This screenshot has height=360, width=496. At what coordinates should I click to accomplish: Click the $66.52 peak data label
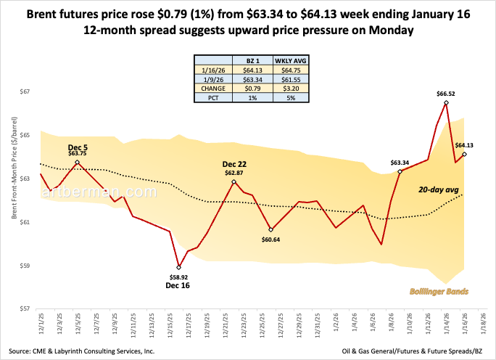pyautogui.click(x=446, y=94)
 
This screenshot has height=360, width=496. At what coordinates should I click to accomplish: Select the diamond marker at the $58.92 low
pyautogui.click(x=178, y=267)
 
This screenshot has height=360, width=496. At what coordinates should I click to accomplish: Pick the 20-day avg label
pyautogui.click(x=435, y=189)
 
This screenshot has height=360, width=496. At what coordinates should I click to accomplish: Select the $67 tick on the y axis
pyautogui.click(x=26, y=92)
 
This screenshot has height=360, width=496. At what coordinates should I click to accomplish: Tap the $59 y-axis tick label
pyautogui.click(x=26, y=266)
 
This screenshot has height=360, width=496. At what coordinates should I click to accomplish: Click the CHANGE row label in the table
pyautogui.click(x=214, y=88)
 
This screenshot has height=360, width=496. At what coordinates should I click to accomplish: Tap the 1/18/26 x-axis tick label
pyautogui.click(x=480, y=324)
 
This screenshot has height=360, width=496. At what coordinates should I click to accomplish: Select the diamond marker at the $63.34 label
pyautogui.click(x=400, y=171)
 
